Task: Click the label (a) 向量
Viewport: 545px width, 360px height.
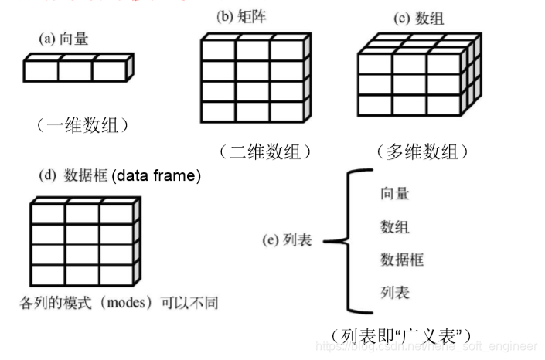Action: click(x=63, y=38)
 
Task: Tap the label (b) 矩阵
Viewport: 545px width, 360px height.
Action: click(x=241, y=16)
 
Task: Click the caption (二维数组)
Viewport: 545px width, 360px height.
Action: click(x=264, y=151)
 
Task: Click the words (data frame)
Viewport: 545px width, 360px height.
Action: click(x=157, y=176)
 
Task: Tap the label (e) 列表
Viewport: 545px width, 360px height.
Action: click(x=287, y=241)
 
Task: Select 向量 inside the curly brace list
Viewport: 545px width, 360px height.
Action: click(x=394, y=193)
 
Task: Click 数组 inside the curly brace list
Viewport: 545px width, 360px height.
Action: click(x=394, y=226)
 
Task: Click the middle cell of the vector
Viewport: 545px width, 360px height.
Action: click(x=75, y=70)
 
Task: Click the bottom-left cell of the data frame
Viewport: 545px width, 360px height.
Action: click(x=47, y=274)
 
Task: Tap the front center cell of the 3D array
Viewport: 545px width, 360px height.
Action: click(x=409, y=83)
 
